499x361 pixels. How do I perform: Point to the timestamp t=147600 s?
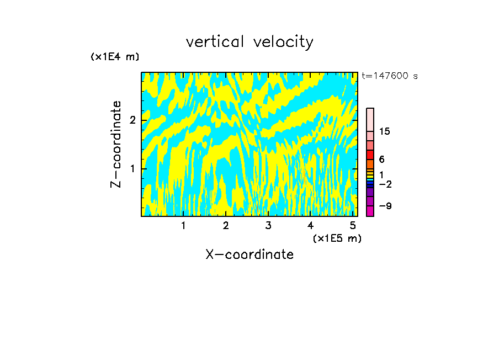pos(389,76)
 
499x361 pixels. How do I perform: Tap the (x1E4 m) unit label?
pos(115,57)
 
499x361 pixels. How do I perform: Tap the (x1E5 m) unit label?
pos(337,238)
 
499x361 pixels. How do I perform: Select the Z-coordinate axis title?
pos(116,144)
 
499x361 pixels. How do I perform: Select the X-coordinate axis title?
pos(250,254)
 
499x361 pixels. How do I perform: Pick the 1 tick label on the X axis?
pos(183,226)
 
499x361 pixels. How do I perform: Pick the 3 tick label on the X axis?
pos(268,226)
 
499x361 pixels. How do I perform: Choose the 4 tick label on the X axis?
pos(310,226)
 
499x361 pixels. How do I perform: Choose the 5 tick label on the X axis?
pos(353,226)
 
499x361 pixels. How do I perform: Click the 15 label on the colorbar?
pos(385,131)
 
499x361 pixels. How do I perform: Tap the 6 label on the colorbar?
pos(381,160)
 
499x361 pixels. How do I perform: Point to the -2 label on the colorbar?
pos(385,184)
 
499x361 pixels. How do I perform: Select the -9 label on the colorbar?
pos(385,206)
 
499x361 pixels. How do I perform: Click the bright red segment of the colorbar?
pos(370,155)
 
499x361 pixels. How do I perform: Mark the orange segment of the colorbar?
pos(370,164)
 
